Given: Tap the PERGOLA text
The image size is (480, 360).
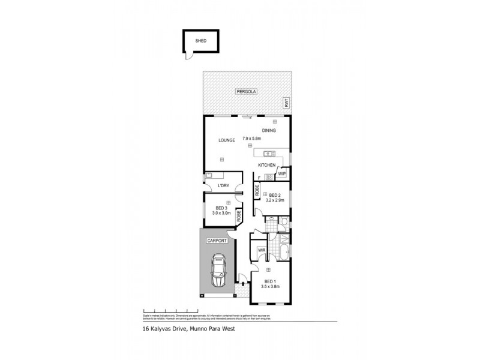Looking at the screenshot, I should click(x=246, y=91).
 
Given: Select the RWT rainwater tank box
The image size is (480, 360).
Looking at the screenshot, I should click(x=287, y=104).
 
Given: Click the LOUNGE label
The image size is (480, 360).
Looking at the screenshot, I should click(x=218, y=140).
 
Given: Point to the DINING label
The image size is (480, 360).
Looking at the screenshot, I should click(x=269, y=130).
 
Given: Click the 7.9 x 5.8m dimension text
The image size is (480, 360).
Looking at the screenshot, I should click(x=252, y=138).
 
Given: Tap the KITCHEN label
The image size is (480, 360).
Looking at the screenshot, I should click(x=266, y=165).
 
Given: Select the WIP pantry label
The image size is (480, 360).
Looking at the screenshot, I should click(x=282, y=174).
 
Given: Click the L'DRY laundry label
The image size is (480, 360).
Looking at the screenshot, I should click(x=223, y=186).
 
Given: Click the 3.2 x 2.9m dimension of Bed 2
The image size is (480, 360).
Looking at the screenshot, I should click(x=275, y=201).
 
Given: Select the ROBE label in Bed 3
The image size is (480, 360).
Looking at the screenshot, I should click(x=238, y=215).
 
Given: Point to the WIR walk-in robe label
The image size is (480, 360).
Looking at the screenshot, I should click(x=262, y=250).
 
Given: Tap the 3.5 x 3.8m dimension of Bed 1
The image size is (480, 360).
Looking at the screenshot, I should click(x=270, y=286).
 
